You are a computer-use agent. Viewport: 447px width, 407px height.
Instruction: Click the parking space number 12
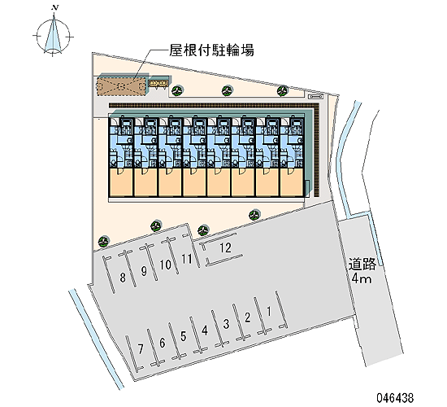click(x=225, y=248)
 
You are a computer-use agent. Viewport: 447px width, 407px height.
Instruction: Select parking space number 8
click(x=123, y=277)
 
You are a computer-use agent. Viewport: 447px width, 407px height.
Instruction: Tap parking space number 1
click(x=268, y=311)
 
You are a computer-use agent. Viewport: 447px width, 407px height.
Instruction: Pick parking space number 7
click(x=141, y=349)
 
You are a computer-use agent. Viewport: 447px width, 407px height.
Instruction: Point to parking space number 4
click(x=204, y=330)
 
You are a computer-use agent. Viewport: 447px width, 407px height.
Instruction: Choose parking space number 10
click(x=165, y=265)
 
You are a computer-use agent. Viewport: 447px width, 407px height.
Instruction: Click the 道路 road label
click(x=362, y=265)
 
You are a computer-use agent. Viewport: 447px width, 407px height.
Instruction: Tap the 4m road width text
click(x=362, y=278)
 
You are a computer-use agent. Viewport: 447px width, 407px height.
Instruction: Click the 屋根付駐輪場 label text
click(x=211, y=50)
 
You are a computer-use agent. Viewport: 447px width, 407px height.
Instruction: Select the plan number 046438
click(x=395, y=397)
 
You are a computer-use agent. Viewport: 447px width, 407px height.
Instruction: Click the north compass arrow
click(x=54, y=33)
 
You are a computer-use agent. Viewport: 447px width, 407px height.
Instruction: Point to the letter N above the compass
click(x=54, y=7)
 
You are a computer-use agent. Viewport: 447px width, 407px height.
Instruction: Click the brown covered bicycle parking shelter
click(x=123, y=85)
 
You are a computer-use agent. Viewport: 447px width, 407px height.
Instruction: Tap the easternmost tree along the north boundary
click(x=283, y=90)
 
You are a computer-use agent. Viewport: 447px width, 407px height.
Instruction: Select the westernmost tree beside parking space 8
click(x=103, y=242)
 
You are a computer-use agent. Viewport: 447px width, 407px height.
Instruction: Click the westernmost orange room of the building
click(x=120, y=182)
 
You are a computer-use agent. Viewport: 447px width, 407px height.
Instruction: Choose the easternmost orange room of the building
click(x=293, y=182)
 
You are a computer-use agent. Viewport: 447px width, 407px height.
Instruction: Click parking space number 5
click(x=184, y=336)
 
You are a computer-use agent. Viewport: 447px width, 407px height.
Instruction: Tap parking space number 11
click(x=187, y=259)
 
